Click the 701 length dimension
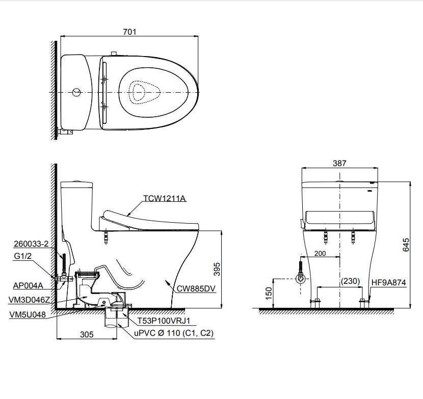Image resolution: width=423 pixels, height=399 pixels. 129,32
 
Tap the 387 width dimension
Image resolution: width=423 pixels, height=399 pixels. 339,163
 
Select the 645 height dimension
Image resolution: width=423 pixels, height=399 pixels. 406,245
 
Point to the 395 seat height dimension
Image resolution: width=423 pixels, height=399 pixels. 217,269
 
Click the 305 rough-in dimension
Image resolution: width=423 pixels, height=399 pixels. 87,334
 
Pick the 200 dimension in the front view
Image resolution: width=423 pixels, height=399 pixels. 320,253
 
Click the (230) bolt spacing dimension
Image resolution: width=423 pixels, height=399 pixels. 350,281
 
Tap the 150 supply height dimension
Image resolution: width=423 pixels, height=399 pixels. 269,293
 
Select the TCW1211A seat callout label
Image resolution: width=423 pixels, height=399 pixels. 164,198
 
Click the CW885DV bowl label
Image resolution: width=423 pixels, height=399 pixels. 196,288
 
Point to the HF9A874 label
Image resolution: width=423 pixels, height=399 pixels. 388,282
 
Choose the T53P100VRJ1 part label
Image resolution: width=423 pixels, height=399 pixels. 164,321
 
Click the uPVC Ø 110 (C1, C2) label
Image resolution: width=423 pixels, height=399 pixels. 174,333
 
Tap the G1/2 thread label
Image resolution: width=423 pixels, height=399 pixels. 22,256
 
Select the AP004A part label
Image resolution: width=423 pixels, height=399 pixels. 28,285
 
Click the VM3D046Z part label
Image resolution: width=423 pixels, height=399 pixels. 29,300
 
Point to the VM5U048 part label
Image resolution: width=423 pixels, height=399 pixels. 28,314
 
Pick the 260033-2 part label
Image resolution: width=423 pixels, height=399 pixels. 31,244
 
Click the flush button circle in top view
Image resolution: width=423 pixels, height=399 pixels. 76,92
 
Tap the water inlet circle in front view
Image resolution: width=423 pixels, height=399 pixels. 301,279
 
